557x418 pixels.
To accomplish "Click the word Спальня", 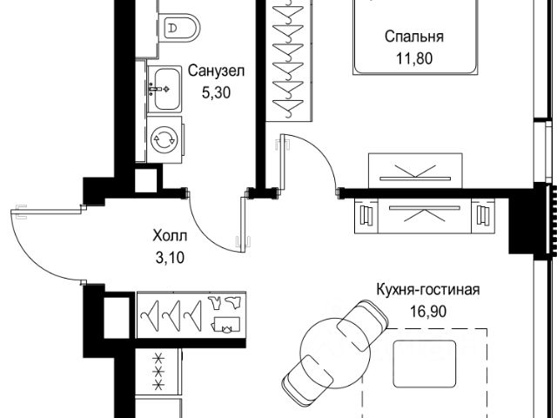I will tap(414, 37).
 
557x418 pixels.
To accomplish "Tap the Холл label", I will tap(168, 234).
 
